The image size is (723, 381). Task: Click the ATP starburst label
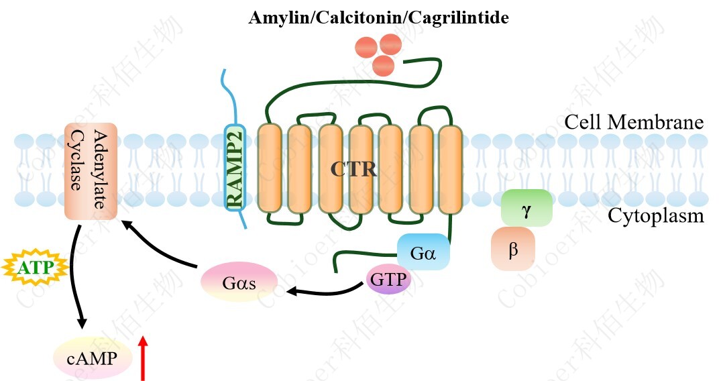coord(36,268)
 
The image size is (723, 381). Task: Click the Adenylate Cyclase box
coord(91,170)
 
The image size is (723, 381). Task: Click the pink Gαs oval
coord(239,282)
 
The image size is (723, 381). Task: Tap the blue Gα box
coord(423,252)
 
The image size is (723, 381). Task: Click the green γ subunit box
coord(526,208)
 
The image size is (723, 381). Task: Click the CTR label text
coord(353,169)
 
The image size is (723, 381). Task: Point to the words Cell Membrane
coord(634,122)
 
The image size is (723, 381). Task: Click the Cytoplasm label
coord(656,216)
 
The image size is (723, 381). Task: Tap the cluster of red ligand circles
coord(380,52)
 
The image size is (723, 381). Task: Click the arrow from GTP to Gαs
coord(322,291)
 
